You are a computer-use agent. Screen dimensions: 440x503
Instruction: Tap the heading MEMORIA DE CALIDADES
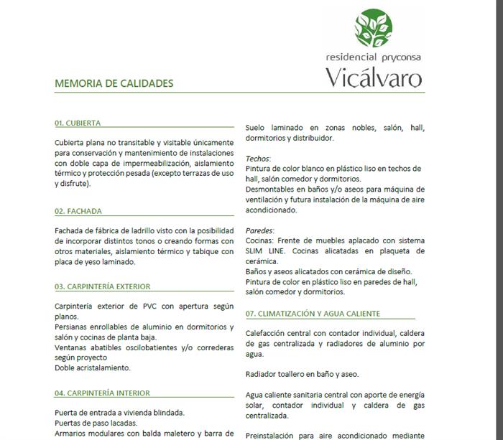[x=114, y=83]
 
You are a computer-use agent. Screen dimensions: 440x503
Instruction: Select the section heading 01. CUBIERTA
[x=78, y=123]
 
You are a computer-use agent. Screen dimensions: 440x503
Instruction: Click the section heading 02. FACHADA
[x=78, y=212]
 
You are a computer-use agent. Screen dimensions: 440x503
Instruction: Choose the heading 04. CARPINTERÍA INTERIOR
[x=102, y=393]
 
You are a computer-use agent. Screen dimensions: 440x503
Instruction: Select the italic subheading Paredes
[x=259, y=231]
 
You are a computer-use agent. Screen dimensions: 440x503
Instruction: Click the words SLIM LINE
[x=264, y=251]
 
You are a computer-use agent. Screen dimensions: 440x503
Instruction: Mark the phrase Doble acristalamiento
[x=93, y=368]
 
